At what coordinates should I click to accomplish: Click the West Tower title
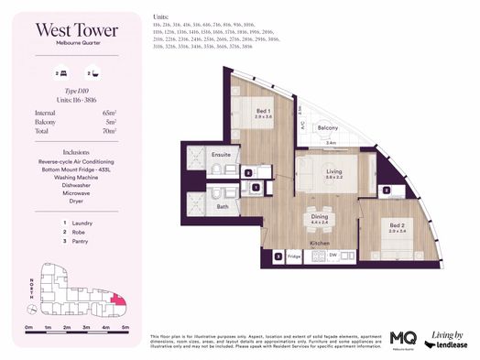tap(76, 30)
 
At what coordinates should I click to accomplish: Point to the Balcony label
tap(329, 128)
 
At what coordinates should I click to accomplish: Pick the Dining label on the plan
tap(319, 218)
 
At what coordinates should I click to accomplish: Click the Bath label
tap(223, 206)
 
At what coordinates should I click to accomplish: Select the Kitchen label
tap(319, 243)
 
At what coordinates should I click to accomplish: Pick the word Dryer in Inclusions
tap(76, 200)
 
